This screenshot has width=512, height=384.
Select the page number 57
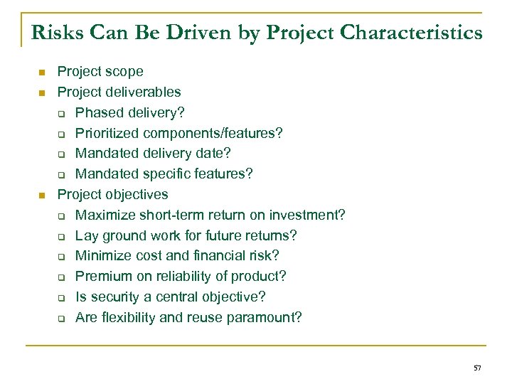pyautogui.click(x=477, y=368)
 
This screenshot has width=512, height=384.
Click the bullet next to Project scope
pyautogui.click(x=42, y=73)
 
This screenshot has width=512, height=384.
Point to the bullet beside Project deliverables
pyautogui.click(x=42, y=93)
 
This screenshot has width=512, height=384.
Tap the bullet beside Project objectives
pyautogui.click(x=42, y=196)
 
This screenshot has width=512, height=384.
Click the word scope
pyautogui.click(x=125, y=72)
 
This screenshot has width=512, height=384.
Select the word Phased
pyautogui.click(x=98, y=112)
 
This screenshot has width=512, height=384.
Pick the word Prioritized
pyautogui.click(x=107, y=133)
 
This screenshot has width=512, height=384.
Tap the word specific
pyautogui.click(x=162, y=174)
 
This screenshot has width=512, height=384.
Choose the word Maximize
pyautogui.click(x=104, y=215)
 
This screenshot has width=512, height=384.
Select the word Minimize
pyautogui.click(x=102, y=256)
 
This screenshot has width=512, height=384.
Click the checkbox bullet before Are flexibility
pyautogui.click(x=61, y=319)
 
